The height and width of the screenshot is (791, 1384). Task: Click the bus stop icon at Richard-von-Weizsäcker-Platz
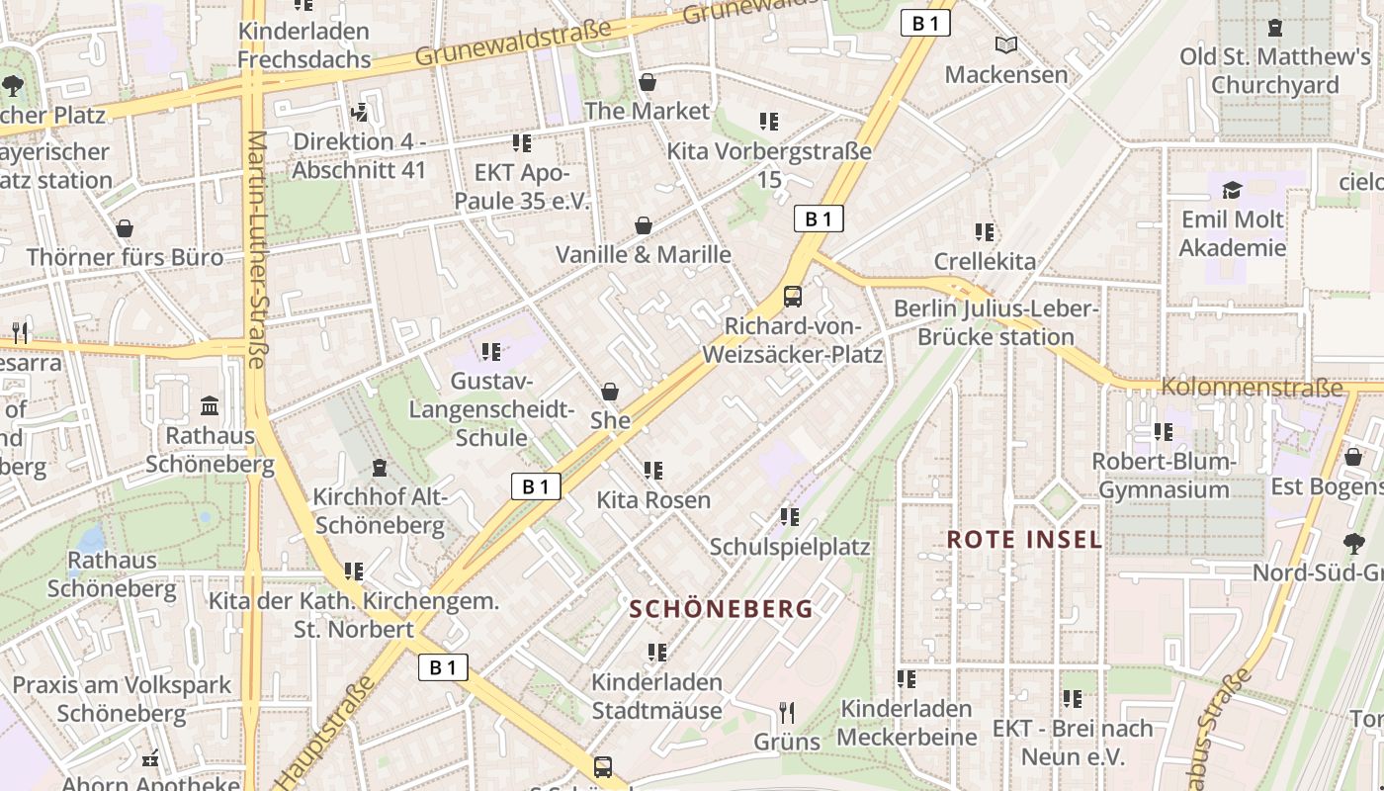[792, 296]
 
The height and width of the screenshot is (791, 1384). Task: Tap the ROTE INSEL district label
[1024, 540]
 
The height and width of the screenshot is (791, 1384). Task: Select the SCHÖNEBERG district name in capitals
[721, 609]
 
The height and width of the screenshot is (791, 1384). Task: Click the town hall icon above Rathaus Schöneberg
[210, 405]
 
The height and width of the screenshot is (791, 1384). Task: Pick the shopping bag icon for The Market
[648, 82]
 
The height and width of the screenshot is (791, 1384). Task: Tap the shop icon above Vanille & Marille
[644, 226]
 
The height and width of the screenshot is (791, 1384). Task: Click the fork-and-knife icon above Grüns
[787, 712]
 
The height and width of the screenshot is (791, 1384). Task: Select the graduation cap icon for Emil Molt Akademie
[1232, 190]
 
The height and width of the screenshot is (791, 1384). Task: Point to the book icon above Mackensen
[1006, 45]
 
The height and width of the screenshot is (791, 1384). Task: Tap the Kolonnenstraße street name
[1253, 387]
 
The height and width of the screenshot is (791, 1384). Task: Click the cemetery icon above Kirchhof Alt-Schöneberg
[379, 468]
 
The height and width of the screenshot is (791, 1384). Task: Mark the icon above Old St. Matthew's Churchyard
[1275, 28]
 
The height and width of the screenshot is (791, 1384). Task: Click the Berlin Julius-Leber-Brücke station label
[995, 322]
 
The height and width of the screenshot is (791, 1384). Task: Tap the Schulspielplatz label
[789, 547]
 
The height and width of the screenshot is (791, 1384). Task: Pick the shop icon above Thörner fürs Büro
[125, 229]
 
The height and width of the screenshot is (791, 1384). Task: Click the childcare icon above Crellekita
[985, 232]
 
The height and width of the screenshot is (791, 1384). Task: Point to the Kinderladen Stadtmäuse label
[656, 696]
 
